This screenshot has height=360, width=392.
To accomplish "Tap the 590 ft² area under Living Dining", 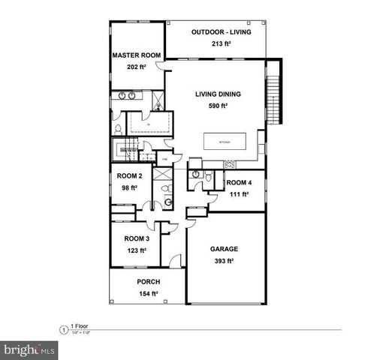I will coord(218,106).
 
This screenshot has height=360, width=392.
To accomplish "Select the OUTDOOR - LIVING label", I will coord(221,32).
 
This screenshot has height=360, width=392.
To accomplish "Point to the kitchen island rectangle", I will coord(225,141).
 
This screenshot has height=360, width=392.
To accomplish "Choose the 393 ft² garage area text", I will coord(223,261).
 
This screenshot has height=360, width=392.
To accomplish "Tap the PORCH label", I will coord(148,282).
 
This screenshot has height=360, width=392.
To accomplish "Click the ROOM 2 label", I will coord(129,176).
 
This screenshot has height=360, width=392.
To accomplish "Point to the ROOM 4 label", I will coord(240,182).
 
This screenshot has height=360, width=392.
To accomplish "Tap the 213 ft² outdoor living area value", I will coord(221,44).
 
